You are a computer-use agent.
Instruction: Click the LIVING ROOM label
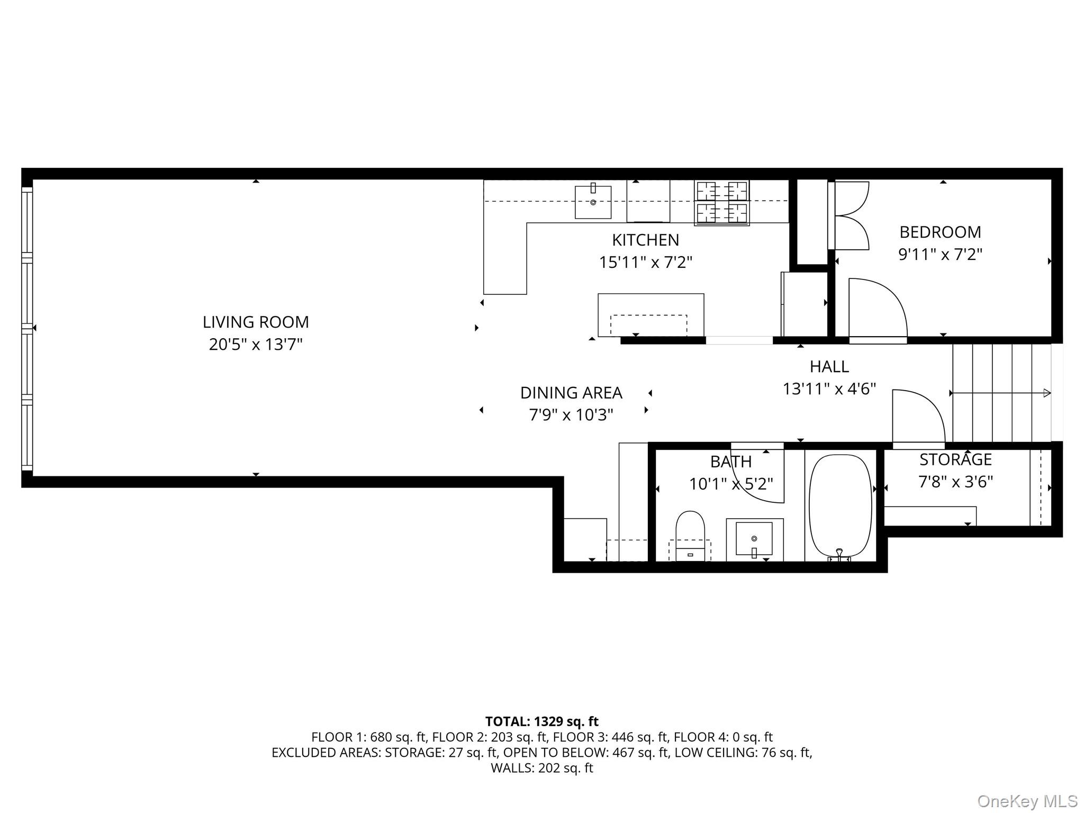click(x=256, y=322)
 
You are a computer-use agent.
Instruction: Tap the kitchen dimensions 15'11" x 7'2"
click(x=645, y=263)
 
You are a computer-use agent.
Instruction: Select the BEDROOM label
click(x=940, y=232)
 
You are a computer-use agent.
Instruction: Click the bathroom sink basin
click(x=754, y=539)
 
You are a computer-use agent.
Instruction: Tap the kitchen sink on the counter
click(x=593, y=201)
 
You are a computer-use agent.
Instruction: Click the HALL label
click(x=829, y=366)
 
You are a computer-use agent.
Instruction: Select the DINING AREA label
click(x=571, y=393)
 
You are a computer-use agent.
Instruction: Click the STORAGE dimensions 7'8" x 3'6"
click(x=955, y=482)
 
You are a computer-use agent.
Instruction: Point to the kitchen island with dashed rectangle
click(x=651, y=315)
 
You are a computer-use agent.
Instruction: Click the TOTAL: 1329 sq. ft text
click(x=541, y=721)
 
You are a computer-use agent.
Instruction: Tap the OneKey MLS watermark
click(x=1027, y=801)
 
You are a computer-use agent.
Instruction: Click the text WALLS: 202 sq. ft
click(x=541, y=768)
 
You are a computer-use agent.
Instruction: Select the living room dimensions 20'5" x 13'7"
click(x=256, y=345)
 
